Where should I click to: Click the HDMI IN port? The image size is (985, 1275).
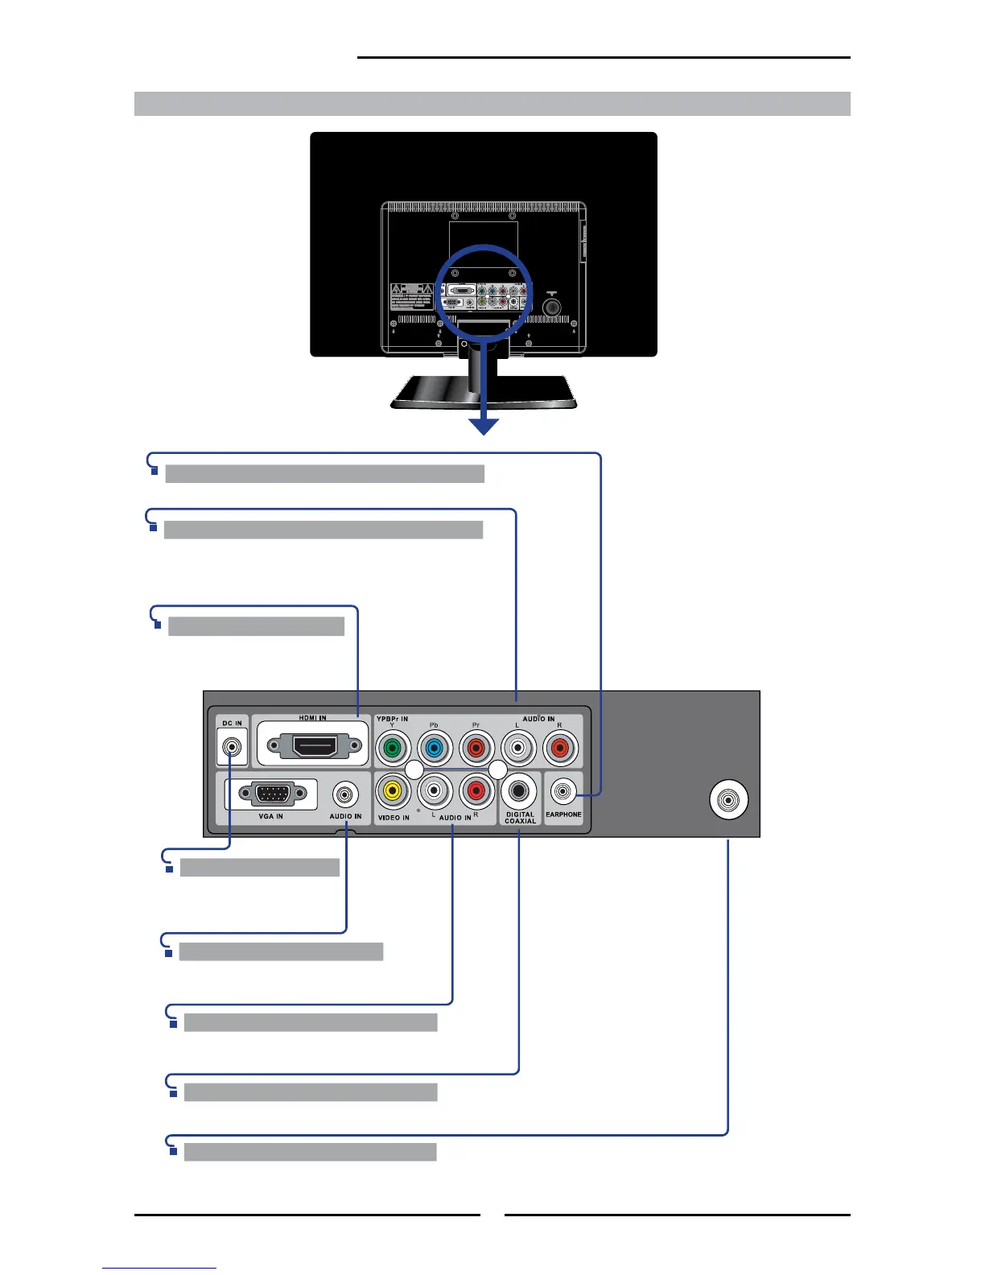(x=314, y=746)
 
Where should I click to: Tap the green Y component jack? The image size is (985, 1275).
(x=393, y=749)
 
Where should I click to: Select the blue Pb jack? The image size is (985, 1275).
(x=435, y=749)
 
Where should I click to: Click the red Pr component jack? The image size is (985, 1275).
(x=476, y=749)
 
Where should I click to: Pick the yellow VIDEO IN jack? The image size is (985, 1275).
(x=393, y=791)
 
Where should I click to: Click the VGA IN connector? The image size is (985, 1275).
(x=272, y=794)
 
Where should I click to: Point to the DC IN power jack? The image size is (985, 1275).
(x=232, y=748)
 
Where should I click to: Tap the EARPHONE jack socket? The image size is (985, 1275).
(x=563, y=793)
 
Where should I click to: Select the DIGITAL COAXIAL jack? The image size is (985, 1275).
(x=519, y=791)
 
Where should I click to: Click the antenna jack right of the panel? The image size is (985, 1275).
(x=729, y=800)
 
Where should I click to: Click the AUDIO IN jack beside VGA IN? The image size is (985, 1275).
(x=346, y=795)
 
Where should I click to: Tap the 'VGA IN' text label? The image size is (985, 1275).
(x=270, y=816)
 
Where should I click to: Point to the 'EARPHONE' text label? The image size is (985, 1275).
(x=563, y=815)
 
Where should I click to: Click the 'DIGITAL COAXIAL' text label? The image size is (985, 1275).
(x=520, y=818)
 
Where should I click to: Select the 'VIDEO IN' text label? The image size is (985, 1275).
(x=394, y=818)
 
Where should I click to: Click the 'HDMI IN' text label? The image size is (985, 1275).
(x=312, y=718)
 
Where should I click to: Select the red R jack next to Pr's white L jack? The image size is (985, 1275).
(x=560, y=749)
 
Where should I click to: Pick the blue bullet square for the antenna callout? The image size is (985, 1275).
(x=173, y=1152)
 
